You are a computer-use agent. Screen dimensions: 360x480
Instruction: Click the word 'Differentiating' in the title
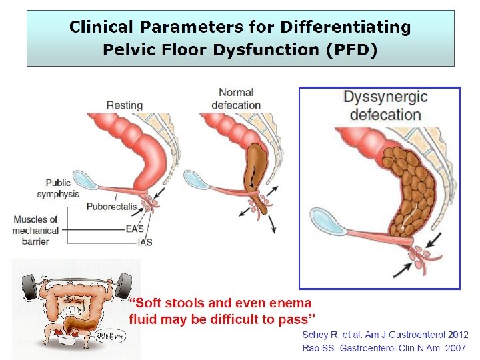(x=345, y=27)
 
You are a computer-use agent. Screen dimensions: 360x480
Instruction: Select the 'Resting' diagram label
(x=125, y=105)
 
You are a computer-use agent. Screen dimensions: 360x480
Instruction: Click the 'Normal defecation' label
(x=236, y=99)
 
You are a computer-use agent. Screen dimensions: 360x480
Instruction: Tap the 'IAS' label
(x=145, y=242)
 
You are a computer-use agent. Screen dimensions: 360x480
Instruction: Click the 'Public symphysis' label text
(x=59, y=188)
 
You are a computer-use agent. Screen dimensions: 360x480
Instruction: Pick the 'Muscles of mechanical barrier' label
(x=35, y=230)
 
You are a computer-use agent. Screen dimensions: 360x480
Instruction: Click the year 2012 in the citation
(x=457, y=335)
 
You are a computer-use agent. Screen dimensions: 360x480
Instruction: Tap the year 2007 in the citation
(x=457, y=348)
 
